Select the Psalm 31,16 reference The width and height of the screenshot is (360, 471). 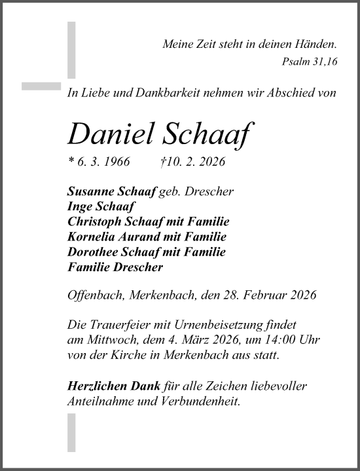pyautogui.click(x=310, y=62)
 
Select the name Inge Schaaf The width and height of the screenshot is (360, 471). pyautogui.click(x=98, y=205)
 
